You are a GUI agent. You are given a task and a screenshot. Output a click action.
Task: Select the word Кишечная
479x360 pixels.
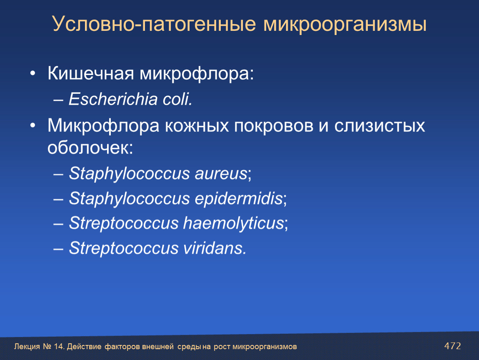point(91,73)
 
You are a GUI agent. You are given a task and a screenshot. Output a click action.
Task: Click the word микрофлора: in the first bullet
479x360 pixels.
point(197,74)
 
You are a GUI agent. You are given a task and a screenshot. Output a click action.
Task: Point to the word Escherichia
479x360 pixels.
point(113,99)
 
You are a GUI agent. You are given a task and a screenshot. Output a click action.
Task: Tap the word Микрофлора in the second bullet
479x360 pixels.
point(103,126)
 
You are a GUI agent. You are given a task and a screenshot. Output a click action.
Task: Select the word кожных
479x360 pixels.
point(197,126)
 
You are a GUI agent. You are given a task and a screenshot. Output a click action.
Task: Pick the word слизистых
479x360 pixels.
point(379,126)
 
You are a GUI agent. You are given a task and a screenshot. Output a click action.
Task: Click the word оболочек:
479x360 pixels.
point(90,148)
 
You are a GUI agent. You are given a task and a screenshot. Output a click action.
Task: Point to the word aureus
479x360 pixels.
point(221,174)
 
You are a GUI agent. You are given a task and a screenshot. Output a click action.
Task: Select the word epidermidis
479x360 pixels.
point(239,198)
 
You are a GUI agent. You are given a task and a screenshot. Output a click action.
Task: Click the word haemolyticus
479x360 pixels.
point(234,223)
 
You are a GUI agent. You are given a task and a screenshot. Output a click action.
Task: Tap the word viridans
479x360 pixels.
point(215,248)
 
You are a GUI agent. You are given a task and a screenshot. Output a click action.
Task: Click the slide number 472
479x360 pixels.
point(452,346)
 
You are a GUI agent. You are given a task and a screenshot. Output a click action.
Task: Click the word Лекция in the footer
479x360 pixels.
point(27,347)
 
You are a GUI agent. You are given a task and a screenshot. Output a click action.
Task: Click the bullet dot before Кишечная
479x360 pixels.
point(33,74)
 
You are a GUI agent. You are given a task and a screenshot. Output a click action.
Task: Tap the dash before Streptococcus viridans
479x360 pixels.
point(58,249)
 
